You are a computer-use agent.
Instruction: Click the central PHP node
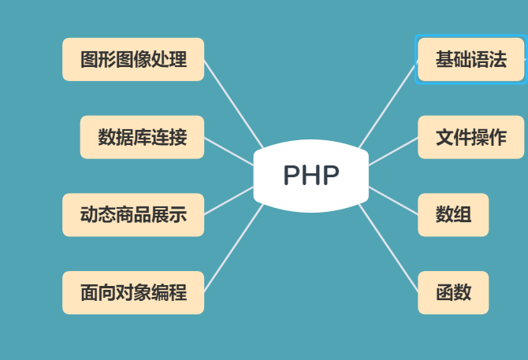[311, 176]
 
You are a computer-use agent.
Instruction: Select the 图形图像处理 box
[133, 59]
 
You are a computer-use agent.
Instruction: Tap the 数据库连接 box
[142, 137]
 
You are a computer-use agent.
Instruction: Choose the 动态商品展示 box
[133, 214]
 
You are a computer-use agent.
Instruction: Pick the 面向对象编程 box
[133, 292]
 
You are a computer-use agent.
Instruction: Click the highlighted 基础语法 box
[470, 59]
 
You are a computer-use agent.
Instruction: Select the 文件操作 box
[470, 137]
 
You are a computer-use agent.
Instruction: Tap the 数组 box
[453, 214]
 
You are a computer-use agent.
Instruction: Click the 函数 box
[453, 292]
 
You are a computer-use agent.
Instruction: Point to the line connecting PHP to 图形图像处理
[233, 103]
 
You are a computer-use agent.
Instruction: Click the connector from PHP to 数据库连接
[230, 152]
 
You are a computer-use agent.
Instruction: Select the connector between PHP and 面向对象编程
[233, 247]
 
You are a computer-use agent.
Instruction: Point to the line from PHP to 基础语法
[388, 103]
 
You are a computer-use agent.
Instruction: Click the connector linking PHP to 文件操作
[393, 151]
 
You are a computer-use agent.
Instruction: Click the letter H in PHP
[311, 176]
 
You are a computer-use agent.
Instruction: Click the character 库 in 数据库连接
[142, 137]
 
